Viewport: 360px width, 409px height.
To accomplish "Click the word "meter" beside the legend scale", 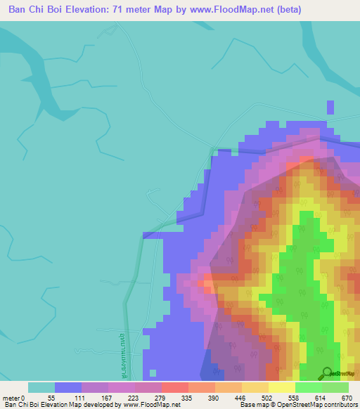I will pos(11,397).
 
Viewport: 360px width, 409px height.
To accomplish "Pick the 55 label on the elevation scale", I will pos(51,397).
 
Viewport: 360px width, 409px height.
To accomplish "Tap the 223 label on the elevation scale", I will pos(131,397).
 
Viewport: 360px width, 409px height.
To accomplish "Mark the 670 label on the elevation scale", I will pos(345,397).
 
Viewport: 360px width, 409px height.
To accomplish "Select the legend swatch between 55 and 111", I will pos(68,387).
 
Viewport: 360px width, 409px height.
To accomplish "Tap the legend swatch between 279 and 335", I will pos(175,387).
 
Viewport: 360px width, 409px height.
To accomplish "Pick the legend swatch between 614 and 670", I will pos(335,387).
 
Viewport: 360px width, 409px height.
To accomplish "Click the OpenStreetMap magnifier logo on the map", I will pos(327,373).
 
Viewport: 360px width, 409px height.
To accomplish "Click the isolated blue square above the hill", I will pos(330,107).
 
